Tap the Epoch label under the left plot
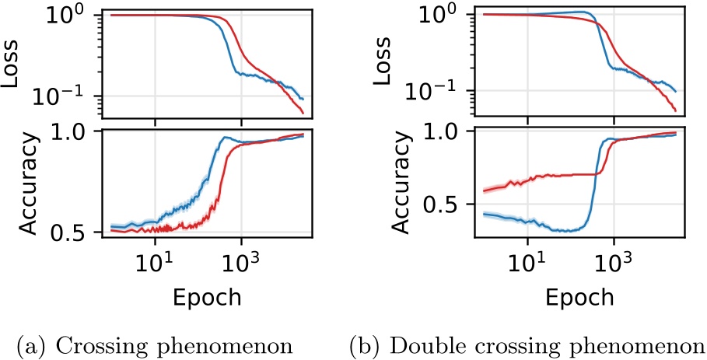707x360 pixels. click(x=207, y=297)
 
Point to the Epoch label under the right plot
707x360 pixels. click(x=579, y=297)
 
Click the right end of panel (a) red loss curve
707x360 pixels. click(x=303, y=114)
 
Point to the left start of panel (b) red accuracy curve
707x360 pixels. click(x=484, y=190)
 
